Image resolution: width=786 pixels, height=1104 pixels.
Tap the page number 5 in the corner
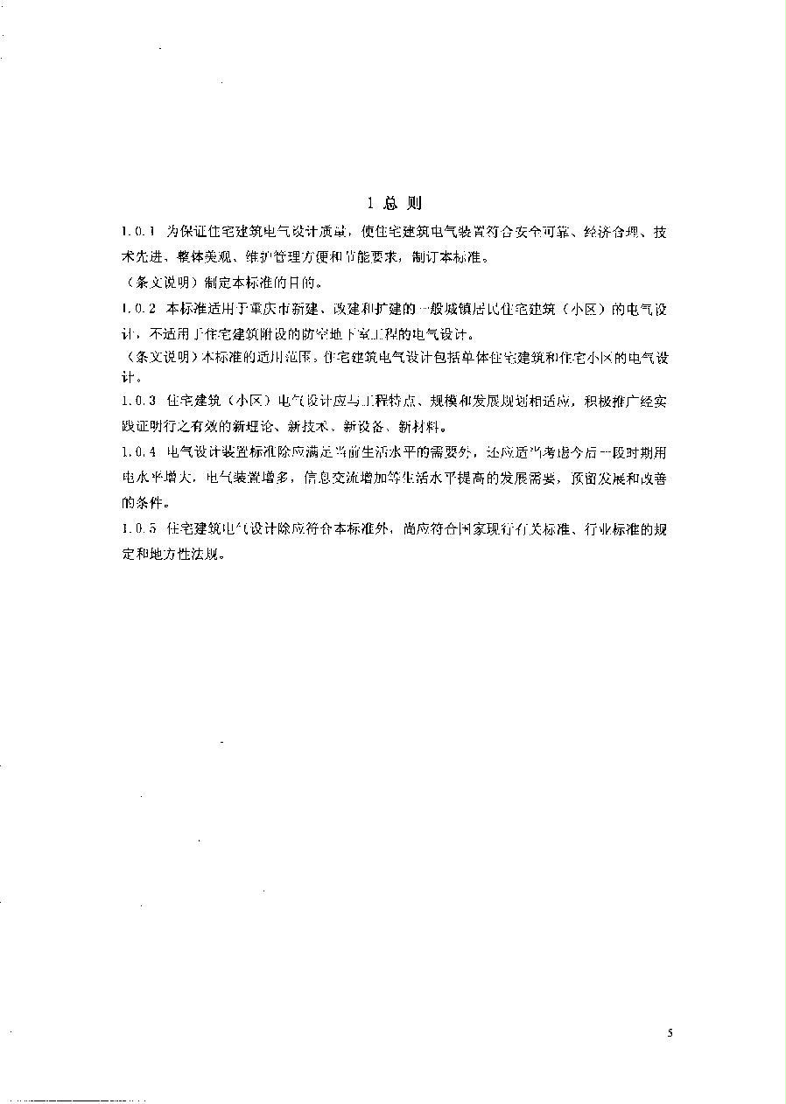point(670,1033)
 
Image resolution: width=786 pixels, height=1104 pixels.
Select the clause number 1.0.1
point(138,232)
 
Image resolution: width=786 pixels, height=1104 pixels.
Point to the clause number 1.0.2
point(138,309)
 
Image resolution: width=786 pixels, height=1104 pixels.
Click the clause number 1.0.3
point(138,402)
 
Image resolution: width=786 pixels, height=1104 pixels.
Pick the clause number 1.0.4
point(138,452)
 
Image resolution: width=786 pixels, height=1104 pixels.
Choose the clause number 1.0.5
point(138,529)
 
